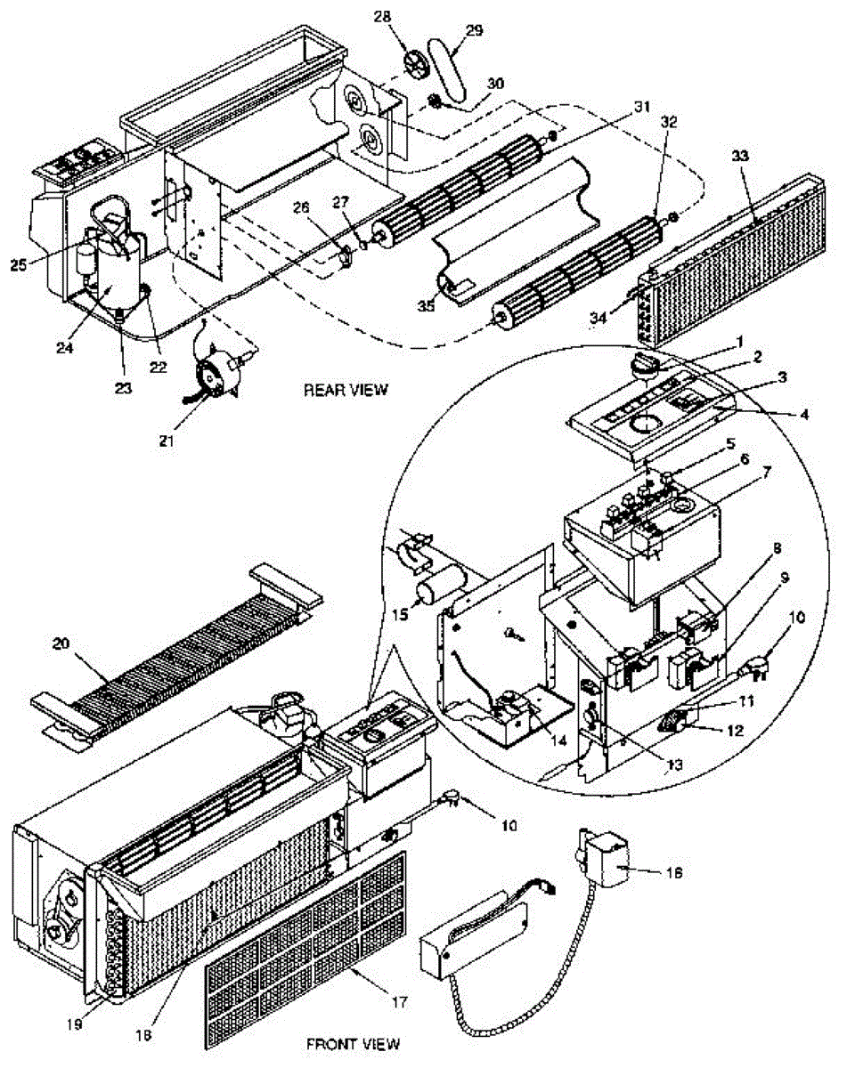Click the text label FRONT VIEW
(x=353, y=1042)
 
